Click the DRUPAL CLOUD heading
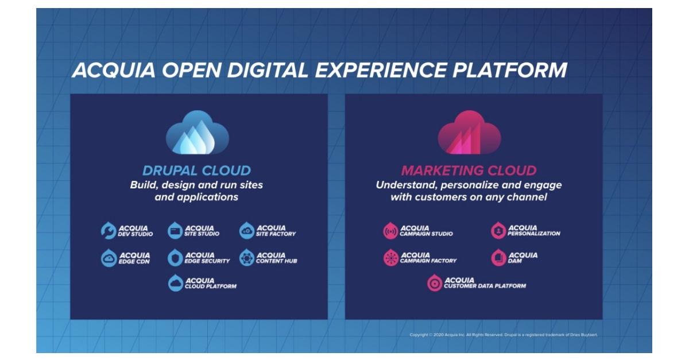pyautogui.click(x=197, y=171)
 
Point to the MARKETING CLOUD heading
pyautogui.click(x=469, y=171)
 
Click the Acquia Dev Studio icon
pyautogui.click(x=109, y=231)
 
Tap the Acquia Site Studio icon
pyautogui.click(x=175, y=231)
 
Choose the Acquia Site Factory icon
pyautogui.click(x=247, y=231)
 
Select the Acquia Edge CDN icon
pyautogui.click(x=109, y=258)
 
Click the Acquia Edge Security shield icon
pyautogui.click(x=175, y=258)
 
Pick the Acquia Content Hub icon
pyautogui.click(x=247, y=258)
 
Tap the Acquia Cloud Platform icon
pyautogui.click(x=176, y=283)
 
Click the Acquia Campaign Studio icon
pyautogui.click(x=391, y=231)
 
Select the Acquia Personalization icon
pyautogui.click(x=498, y=231)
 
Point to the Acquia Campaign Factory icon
pyautogui.click(x=391, y=258)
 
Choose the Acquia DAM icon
pyautogui.click(x=498, y=258)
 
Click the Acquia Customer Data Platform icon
pyautogui.click(x=435, y=283)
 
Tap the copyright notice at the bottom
pyautogui.click(x=504, y=335)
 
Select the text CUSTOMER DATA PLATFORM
pyautogui.click(x=485, y=286)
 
